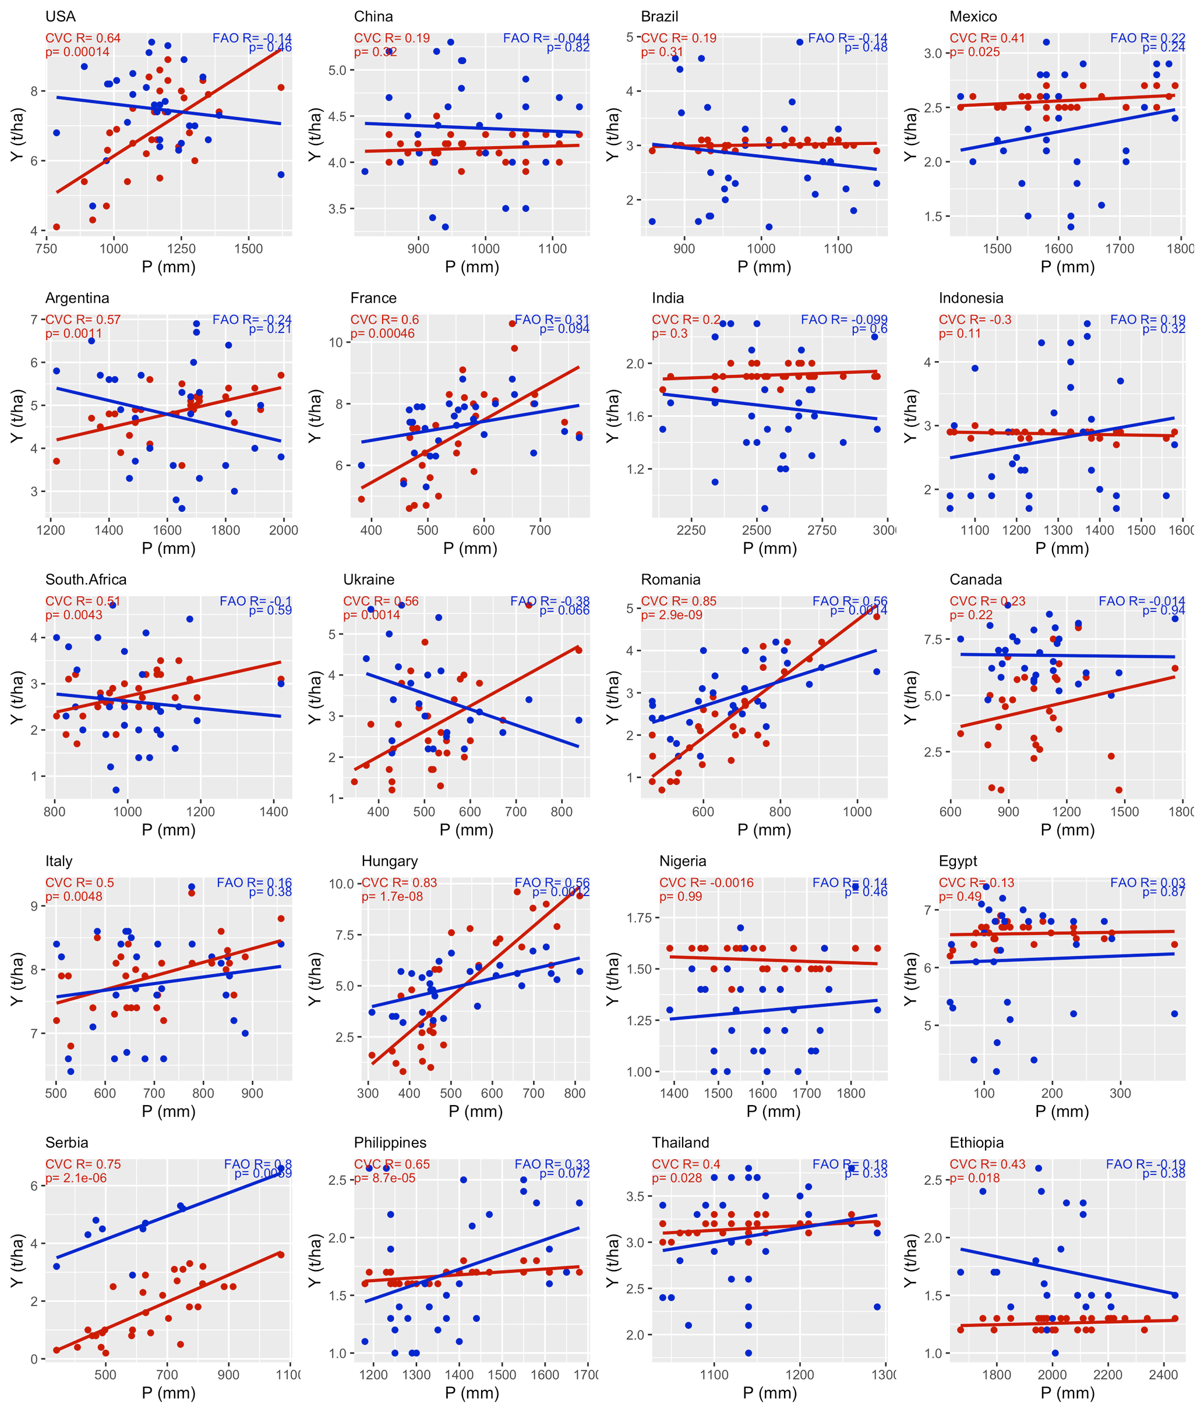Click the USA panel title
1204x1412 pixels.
click(60, 16)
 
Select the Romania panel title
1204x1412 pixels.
click(670, 579)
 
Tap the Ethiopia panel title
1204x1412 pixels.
click(977, 1142)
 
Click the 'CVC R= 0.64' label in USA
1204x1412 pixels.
click(83, 38)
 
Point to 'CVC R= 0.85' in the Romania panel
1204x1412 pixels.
click(679, 601)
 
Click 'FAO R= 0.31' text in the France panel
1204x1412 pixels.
click(552, 320)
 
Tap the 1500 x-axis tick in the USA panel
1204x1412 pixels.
click(248, 249)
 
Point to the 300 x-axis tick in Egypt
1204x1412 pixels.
click(1120, 1093)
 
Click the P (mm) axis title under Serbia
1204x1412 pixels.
click(168, 1393)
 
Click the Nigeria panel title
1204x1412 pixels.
click(683, 861)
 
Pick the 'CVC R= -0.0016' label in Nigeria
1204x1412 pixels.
click(707, 883)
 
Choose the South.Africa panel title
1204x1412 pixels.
click(86, 579)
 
